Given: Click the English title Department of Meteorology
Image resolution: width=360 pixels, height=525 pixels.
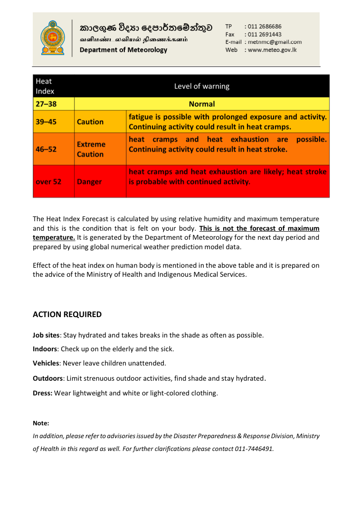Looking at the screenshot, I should (x=123, y=50).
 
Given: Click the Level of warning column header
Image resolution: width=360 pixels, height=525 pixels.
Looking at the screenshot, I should (x=202, y=86).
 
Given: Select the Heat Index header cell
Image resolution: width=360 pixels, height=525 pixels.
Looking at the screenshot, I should (x=45, y=86).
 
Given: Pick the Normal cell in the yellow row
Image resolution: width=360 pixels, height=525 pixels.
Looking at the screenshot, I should (x=202, y=104).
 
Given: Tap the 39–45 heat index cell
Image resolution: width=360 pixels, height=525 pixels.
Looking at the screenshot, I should (x=46, y=122).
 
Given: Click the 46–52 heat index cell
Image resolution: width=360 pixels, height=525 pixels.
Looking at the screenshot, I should (x=46, y=149).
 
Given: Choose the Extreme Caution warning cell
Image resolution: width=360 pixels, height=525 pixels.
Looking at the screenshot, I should (x=91, y=149).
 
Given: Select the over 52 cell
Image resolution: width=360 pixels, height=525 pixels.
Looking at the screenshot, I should (x=48, y=181).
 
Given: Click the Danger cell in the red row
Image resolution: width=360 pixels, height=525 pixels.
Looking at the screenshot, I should (x=89, y=181).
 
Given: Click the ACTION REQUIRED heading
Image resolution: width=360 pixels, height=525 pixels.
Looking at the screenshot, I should (x=67, y=314).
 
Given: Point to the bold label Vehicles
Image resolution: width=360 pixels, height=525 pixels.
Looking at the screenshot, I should (x=46, y=364).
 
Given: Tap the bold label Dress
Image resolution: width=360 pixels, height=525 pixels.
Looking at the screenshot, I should (x=43, y=393).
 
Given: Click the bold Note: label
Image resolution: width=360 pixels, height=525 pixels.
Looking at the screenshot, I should (x=41, y=423).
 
